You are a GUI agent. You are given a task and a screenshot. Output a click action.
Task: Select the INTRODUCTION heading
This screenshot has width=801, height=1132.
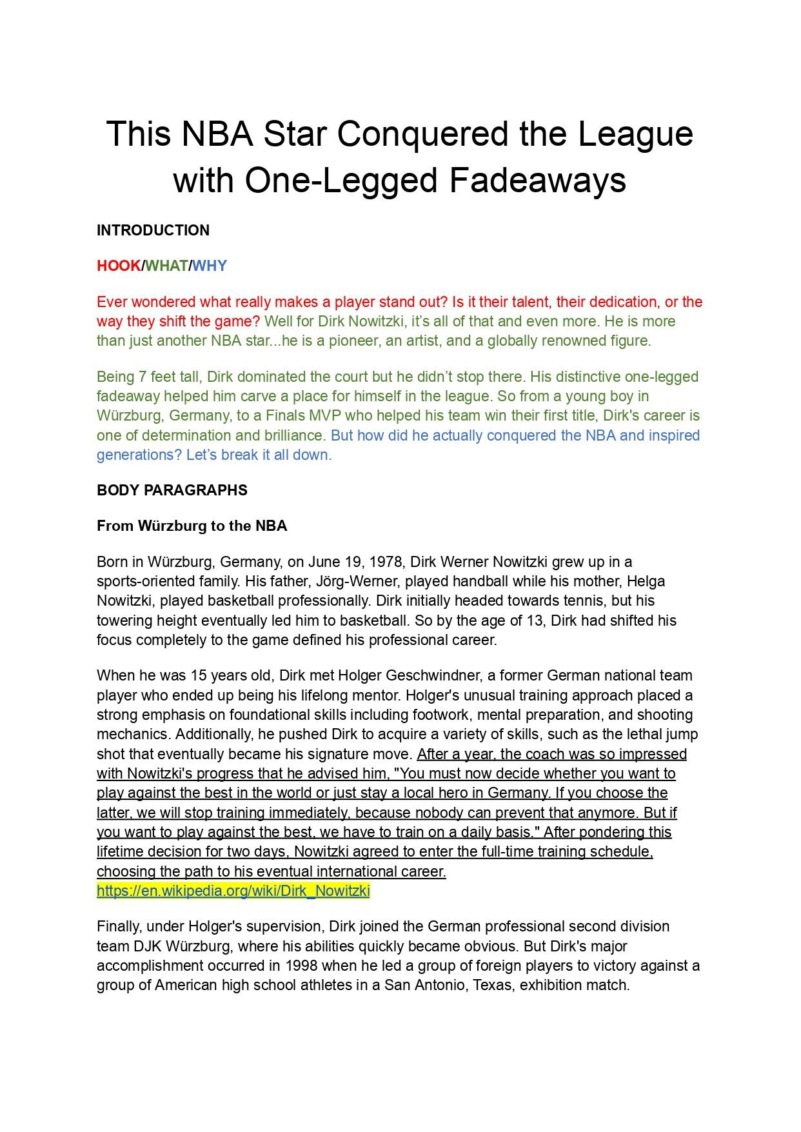(x=153, y=230)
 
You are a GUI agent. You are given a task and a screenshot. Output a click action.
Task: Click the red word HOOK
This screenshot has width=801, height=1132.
(x=119, y=266)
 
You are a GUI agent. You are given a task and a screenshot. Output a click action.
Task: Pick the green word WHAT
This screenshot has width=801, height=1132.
(x=166, y=266)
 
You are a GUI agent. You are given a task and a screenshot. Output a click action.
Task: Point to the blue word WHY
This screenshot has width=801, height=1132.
(x=210, y=266)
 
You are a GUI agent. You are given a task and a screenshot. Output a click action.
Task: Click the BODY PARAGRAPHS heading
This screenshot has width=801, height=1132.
(x=172, y=490)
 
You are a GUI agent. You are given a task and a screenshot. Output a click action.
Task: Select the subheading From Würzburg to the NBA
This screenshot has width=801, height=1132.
(x=192, y=526)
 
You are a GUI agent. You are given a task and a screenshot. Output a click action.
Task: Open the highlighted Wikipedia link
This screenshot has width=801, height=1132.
(x=233, y=891)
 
